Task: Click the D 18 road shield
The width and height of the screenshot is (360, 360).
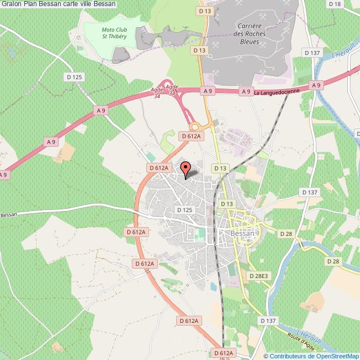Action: coord(334,4)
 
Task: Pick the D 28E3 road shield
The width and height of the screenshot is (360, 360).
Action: coord(259,275)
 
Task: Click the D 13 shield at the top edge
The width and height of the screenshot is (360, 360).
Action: coord(204,11)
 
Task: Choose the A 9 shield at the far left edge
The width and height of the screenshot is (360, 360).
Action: coord(3,175)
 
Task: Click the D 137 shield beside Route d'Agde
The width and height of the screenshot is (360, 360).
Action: coord(268,321)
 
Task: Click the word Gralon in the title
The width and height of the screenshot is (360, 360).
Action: coord(11,4)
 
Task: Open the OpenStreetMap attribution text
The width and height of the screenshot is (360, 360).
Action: coord(312,356)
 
